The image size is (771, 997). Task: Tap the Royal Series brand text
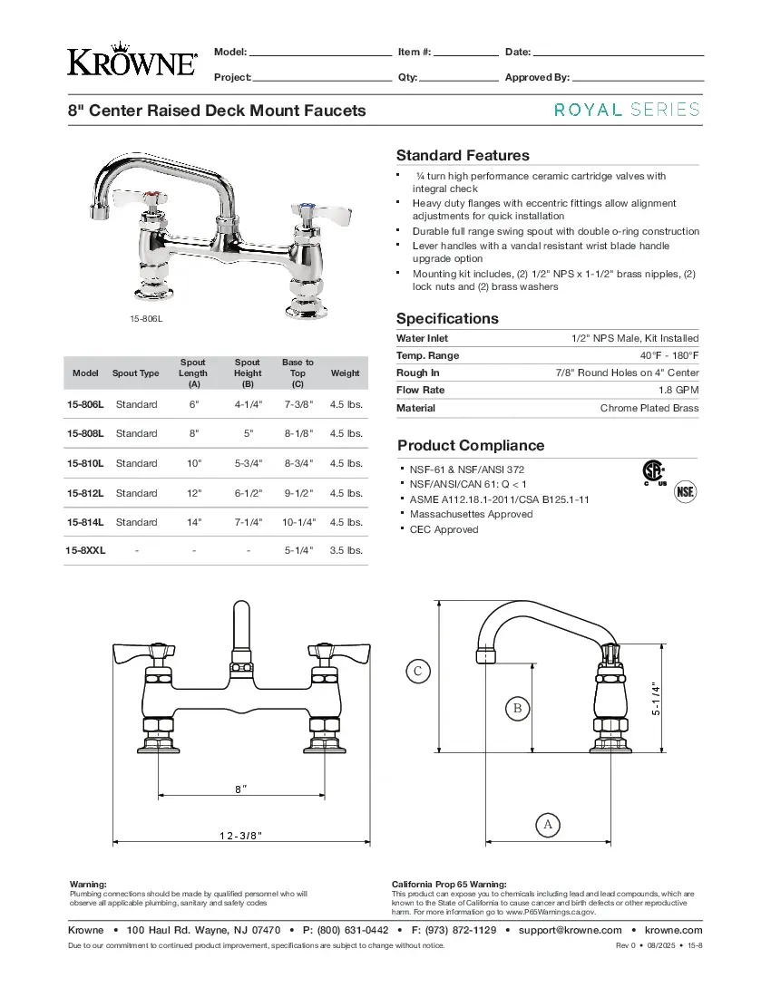(x=627, y=110)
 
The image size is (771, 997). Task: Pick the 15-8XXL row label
(x=85, y=550)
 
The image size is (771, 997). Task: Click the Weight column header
(x=345, y=373)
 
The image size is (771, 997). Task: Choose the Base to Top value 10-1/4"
(x=298, y=522)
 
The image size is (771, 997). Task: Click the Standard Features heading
(x=463, y=155)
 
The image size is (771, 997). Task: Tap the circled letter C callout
(x=417, y=672)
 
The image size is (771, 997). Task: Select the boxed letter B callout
(x=517, y=708)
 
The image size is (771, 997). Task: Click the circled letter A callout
(x=547, y=825)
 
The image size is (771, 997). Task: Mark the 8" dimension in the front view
(x=240, y=789)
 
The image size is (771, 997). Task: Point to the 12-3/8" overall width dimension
(x=240, y=835)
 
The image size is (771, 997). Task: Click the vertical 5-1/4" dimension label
(x=656, y=699)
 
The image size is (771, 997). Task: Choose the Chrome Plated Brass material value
(x=649, y=408)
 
